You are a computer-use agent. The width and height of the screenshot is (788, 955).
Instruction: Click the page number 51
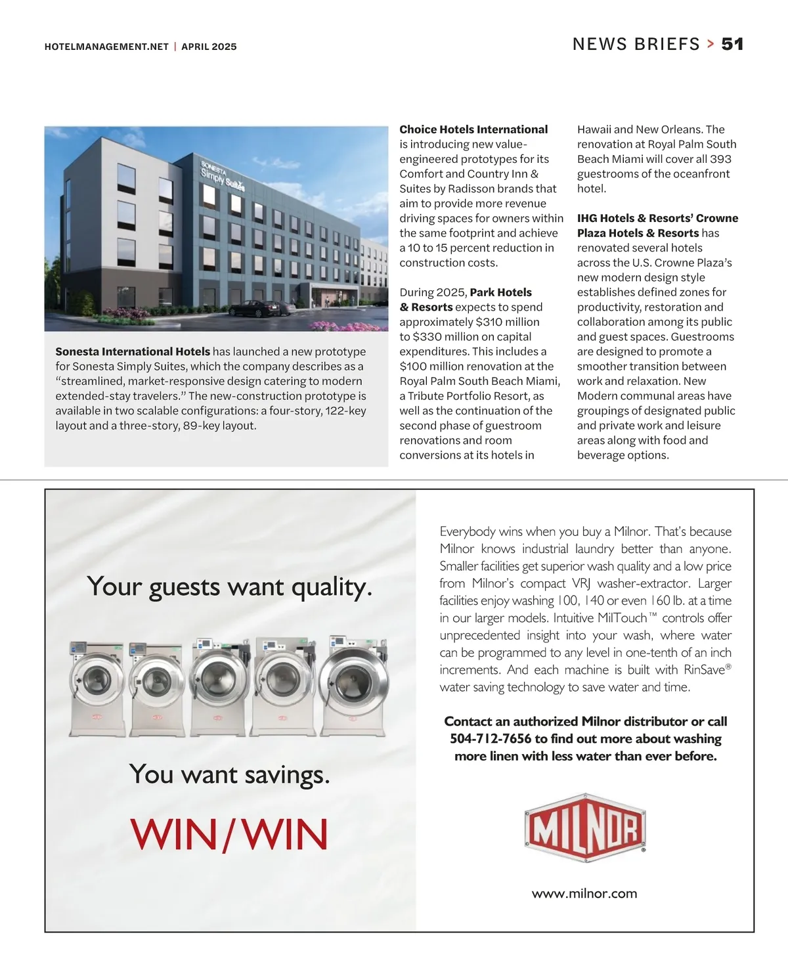pos(732,44)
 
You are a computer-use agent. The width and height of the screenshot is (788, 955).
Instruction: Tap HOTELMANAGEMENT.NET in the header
pos(106,47)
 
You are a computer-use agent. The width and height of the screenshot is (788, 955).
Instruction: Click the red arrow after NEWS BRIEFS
pos(711,44)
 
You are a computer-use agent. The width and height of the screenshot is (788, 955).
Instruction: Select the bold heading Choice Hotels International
pos(473,129)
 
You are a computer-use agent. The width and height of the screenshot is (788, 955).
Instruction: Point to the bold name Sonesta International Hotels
pos(133,351)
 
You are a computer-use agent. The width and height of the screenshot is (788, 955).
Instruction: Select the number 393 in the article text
pos(720,159)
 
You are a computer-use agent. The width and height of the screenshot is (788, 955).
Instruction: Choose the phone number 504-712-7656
pos(490,738)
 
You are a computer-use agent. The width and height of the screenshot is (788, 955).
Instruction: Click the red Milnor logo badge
pos(584,829)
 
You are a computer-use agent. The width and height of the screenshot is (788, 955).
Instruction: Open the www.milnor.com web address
pos(584,893)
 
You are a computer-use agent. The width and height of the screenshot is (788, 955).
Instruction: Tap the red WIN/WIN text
pos(229,834)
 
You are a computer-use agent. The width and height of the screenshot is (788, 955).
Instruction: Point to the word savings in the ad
pos(287,774)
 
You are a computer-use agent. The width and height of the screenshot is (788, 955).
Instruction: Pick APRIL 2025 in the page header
pos(209,47)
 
